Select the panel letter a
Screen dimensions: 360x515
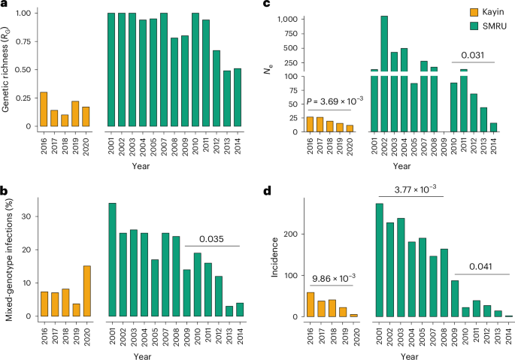click(5, 6)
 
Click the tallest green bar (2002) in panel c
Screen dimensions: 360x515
click(383, 74)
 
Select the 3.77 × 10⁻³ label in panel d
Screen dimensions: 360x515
click(410, 190)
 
